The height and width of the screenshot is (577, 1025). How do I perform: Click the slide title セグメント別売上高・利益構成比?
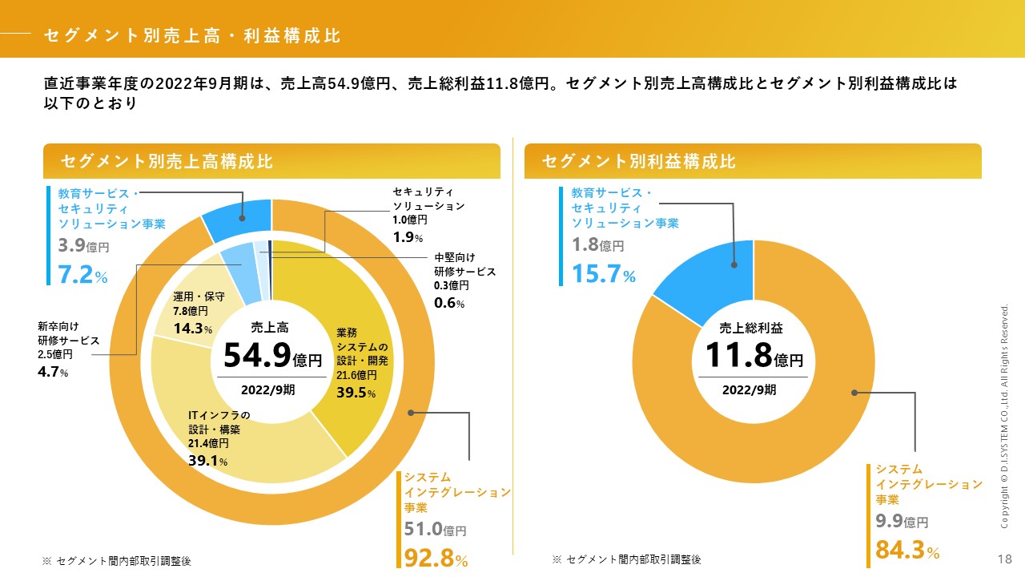pyautogui.click(x=192, y=35)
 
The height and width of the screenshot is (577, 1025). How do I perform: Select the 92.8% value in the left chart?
pyautogui.click(x=436, y=558)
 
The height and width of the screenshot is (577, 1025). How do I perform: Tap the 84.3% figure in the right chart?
pyautogui.click(x=907, y=551)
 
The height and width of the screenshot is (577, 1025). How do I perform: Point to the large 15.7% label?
pyautogui.click(x=603, y=275)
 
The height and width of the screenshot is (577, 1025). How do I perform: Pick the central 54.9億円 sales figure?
pyautogui.click(x=272, y=355)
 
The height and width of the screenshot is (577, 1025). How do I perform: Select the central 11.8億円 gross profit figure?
pyautogui.click(x=754, y=355)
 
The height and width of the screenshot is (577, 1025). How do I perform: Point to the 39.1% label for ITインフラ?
pyautogui.click(x=208, y=461)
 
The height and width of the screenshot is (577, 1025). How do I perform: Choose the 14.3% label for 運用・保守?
pyautogui.click(x=193, y=329)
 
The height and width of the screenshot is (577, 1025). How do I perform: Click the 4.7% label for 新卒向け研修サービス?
pyautogui.click(x=53, y=372)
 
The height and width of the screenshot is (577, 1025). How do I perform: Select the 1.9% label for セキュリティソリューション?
pyautogui.click(x=408, y=237)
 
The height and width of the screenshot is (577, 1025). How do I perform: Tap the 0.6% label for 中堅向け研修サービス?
pyautogui.click(x=449, y=303)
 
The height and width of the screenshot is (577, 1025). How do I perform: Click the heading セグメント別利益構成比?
pyautogui.click(x=638, y=161)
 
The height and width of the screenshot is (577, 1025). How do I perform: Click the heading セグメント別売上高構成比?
pyautogui.click(x=167, y=161)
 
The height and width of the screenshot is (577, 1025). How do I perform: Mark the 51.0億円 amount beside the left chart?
pyautogui.click(x=435, y=530)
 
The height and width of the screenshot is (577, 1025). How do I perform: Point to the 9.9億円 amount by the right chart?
pyautogui.click(x=902, y=522)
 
